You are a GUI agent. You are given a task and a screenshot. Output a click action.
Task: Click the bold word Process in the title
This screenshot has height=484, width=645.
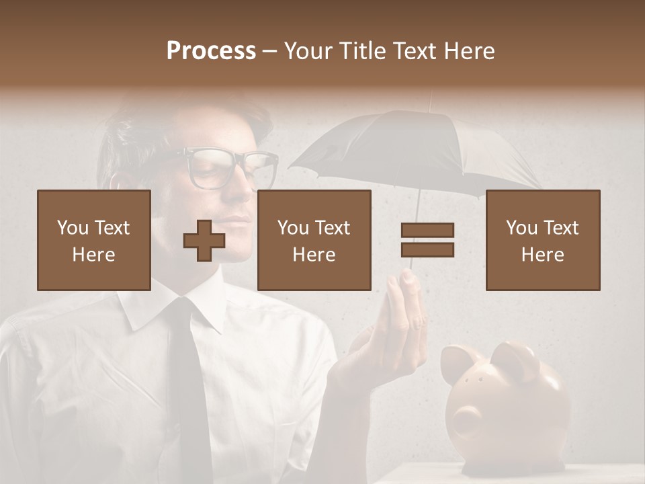pos(211,51)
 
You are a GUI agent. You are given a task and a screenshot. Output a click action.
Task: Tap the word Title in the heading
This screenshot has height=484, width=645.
pos(363,51)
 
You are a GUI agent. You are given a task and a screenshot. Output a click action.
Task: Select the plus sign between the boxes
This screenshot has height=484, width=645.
pos(204,241)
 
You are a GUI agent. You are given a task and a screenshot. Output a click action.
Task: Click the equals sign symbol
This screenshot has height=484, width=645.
pos(427,240)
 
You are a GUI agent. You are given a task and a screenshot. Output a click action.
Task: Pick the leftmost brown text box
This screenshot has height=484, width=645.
pos(94,241)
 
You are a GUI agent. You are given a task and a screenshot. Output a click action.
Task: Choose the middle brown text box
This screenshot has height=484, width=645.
pos(314,241)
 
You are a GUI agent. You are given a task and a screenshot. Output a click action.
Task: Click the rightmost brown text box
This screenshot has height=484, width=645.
pos(543,241)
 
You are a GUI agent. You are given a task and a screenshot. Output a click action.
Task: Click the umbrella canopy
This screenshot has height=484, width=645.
pos(417,151)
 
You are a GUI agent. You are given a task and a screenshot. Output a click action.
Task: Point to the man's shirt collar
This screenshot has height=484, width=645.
pos(144,309)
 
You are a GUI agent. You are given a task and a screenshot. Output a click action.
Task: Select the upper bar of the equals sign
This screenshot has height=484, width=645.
pos(427,230)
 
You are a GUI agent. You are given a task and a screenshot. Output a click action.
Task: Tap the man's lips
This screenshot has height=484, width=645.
pos(232,222)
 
